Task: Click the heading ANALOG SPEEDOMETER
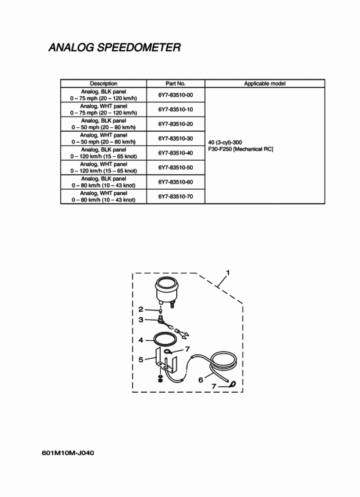click(114, 47)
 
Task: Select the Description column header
click(104, 84)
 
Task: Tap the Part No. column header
click(175, 84)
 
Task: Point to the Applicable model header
click(265, 84)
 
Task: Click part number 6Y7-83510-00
click(175, 95)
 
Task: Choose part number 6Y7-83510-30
click(175, 138)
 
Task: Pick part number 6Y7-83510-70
click(175, 197)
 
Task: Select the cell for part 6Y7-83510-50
click(175, 167)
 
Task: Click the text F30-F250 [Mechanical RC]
click(240, 149)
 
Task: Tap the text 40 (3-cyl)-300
click(225, 142)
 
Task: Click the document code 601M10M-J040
click(67, 453)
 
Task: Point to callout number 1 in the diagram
click(228, 273)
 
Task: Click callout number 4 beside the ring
click(141, 340)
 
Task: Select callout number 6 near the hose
click(201, 379)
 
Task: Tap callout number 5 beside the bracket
click(141, 359)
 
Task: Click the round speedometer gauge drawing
click(166, 290)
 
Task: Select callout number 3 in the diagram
click(141, 320)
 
